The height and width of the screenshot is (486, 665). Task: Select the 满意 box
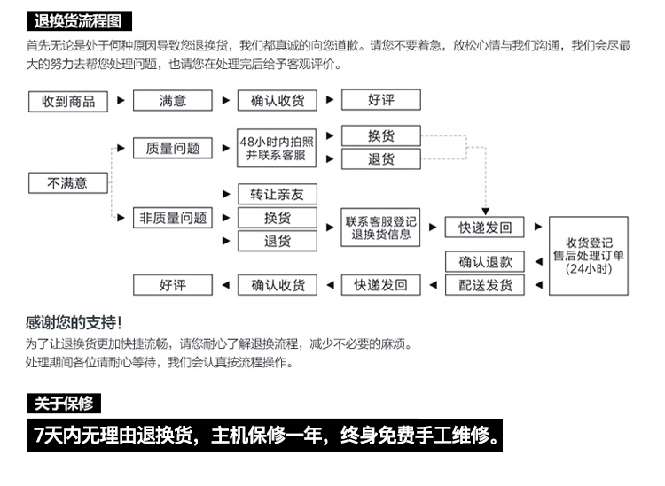(x=173, y=101)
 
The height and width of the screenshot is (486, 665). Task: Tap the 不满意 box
(x=68, y=183)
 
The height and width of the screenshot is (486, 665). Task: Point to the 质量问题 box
(x=173, y=148)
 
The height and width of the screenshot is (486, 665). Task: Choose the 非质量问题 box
(x=173, y=217)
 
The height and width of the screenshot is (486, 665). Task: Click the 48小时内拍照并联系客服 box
(x=277, y=148)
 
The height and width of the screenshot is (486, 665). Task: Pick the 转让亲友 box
(x=277, y=194)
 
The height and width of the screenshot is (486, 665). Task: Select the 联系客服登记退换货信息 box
(x=380, y=228)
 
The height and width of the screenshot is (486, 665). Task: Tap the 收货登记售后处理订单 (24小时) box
(x=589, y=256)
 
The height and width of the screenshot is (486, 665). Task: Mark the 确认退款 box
(x=485, y=261)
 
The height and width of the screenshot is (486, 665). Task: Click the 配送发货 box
(x=485, y=285)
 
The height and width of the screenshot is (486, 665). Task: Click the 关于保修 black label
(x=64, y=404)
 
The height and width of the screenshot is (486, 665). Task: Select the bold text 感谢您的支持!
(x=74, y=322)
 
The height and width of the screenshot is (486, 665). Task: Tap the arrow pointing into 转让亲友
(x=225, y=194)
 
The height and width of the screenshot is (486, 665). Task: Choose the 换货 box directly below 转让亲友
(x=277, y=217)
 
